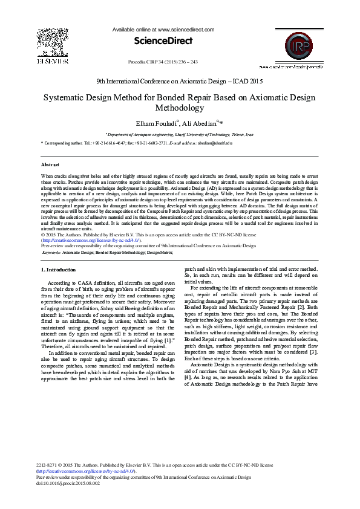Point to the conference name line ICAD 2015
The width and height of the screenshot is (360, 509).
coord(180,80)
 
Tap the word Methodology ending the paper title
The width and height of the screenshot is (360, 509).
coord(180,108)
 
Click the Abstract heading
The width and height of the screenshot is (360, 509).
coord(50,164)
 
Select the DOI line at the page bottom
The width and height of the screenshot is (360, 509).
coord(68,484)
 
